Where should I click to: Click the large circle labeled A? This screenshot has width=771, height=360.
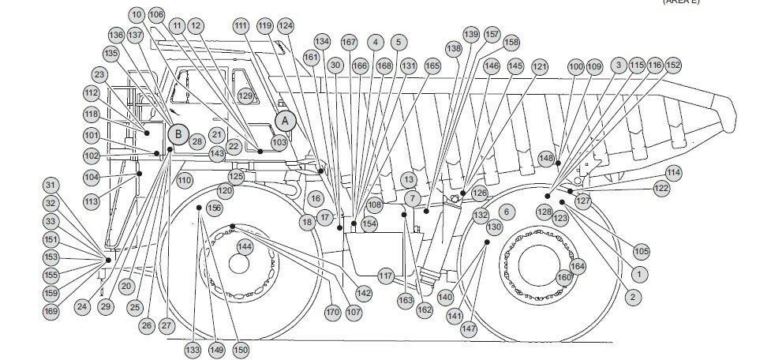[286, 120]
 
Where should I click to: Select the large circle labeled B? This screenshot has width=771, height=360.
[178, 134]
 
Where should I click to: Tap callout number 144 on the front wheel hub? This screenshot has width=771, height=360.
[245, 247]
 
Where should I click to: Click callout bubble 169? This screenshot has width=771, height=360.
[51, 311]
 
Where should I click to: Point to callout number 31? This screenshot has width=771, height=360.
[51, 186]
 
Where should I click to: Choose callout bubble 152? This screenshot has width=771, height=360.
[673, 65]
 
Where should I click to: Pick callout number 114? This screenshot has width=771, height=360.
[673, 172]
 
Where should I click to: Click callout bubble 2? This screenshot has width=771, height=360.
[632, 297]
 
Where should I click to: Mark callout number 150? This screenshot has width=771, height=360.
[241, 349]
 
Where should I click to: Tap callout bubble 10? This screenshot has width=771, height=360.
[137, 14]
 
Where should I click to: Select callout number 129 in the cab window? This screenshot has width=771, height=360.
[246, 96]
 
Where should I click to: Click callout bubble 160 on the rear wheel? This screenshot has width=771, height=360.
[563, 277]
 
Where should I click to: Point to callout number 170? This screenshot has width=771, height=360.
[332, 313]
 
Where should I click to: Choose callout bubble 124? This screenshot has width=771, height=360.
[286, 26]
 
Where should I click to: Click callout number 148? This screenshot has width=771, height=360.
[546, 159]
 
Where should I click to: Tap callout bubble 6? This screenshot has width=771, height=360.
[507, 211]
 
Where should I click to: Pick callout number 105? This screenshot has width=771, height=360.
[642, 251]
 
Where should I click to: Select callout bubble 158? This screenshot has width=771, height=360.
[511, 42]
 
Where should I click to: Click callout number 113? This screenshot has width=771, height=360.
[92, 202]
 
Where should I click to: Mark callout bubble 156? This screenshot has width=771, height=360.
[214, 208]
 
